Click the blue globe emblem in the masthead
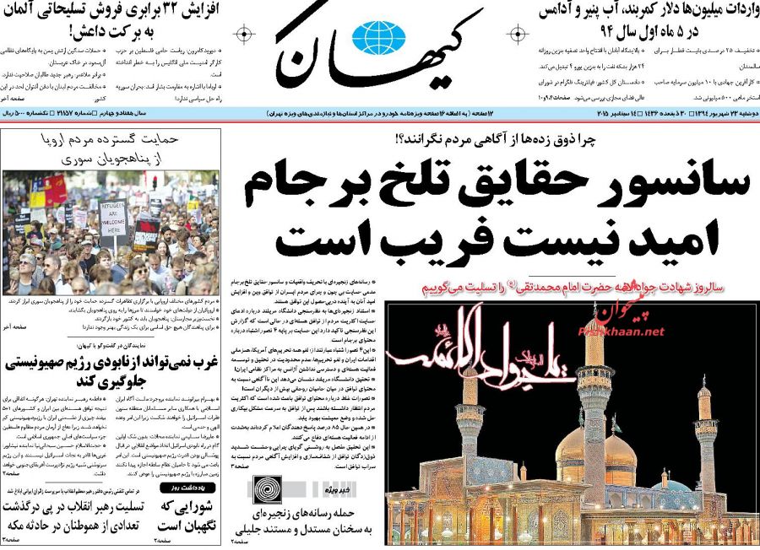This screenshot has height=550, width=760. coord(379,37)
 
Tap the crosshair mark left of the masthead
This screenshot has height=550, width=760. coord(244,35)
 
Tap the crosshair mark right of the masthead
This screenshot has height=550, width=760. coord(515,35)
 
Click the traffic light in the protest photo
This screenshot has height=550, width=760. coord(154,181)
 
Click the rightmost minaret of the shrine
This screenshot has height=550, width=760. coord(706,447)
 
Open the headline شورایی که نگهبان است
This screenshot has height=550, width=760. coord(187,515)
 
